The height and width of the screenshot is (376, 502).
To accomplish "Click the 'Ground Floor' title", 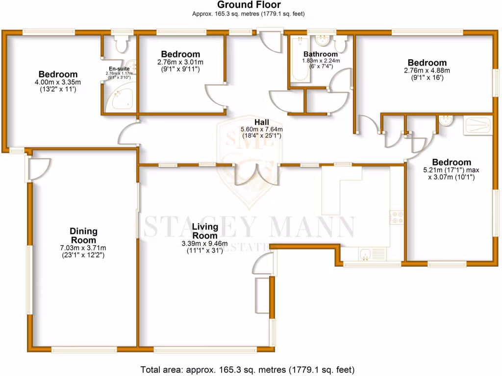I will [x=251, y=6].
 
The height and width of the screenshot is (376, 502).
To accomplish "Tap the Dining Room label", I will [x=83, y=235].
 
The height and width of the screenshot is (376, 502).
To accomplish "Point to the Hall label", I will [x=261, y=122].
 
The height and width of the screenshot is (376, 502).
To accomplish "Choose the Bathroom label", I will [x=320, y=54].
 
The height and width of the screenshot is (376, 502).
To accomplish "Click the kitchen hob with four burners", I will [x=396, y=217].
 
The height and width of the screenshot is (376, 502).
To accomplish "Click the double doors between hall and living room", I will [x=255, y=174].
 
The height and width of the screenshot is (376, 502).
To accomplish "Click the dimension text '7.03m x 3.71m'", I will [x=83, y=248].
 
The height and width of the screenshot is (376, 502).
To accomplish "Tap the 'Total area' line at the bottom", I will [x=248, y=369].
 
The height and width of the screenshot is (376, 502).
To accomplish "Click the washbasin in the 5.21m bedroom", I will [x=446, y=121].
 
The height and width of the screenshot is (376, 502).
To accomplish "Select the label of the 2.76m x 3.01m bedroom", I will [x=180, y=54].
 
